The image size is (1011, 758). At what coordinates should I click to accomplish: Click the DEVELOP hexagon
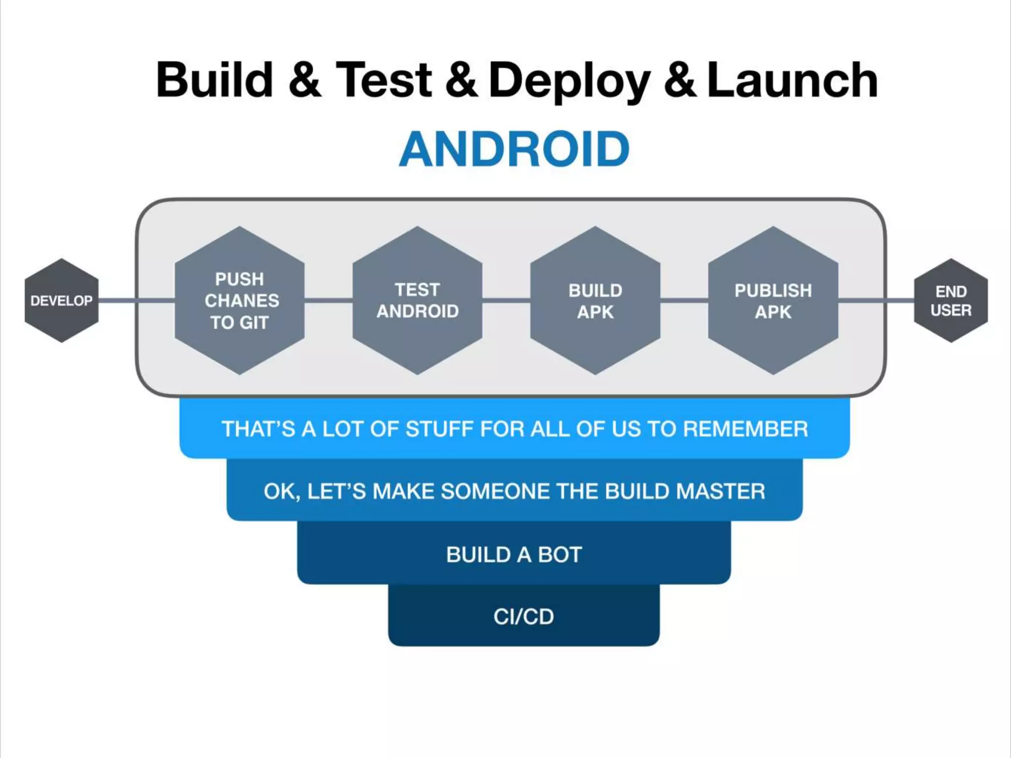coord(61,301)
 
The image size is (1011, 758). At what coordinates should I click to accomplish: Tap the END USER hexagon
coord(951,301)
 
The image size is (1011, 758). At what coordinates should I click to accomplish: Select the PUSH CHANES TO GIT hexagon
coord(240,301)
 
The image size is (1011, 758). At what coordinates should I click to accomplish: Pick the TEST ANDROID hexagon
coord(418,301)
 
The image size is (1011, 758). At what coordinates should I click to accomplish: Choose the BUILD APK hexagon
coord(595,301)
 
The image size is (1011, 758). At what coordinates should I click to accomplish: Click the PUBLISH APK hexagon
coord(773,301)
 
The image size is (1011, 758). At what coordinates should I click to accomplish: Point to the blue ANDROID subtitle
coord(514,149)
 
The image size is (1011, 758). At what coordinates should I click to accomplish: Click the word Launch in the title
coord(792,80)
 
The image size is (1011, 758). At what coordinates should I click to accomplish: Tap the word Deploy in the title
coord(569,80)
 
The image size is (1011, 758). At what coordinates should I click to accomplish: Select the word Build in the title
coord(215,80)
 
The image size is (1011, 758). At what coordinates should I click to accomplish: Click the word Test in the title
coord(384,80)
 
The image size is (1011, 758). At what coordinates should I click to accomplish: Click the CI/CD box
coord(524,616)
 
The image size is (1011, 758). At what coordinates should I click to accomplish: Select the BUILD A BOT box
coord(514,554)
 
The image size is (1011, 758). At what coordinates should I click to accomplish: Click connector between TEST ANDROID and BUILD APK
coord(506,300)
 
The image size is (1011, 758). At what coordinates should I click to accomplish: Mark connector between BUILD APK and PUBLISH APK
coord(684,300)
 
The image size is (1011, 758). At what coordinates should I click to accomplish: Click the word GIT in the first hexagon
coord(254,323)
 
